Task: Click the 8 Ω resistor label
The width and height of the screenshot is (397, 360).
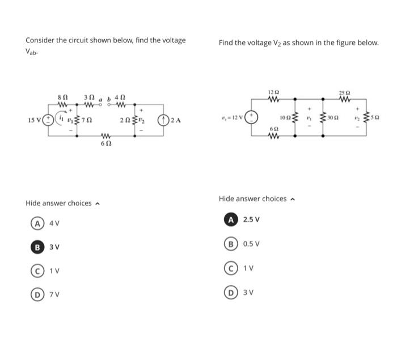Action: pyautogui.click(x=63, y=99)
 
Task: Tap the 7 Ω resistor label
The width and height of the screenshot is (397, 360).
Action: pyautogui.click(x=87, y=121)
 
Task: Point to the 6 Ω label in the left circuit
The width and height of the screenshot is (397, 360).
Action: pyautogui.click(x=104, y=144)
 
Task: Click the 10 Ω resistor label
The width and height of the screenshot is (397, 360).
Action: pyautogui.click(x=286, y=119)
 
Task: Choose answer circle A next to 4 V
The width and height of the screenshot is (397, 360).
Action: pyautogui.click(x=35, y=223)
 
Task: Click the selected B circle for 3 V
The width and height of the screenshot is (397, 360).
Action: pyautogui.click(x=35, y=247)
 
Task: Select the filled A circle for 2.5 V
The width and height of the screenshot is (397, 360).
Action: pyautogui.click(x=230, y=219)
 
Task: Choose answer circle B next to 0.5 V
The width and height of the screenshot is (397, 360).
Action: pyautogui.click(x=230, y=244)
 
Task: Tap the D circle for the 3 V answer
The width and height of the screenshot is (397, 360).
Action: pyautogui.click(x=230, y=291)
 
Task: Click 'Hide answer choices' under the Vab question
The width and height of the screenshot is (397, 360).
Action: pyautogui.click(x=58, y=203)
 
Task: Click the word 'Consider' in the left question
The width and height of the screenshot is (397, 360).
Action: pyautogui.click(x=38, y=40)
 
